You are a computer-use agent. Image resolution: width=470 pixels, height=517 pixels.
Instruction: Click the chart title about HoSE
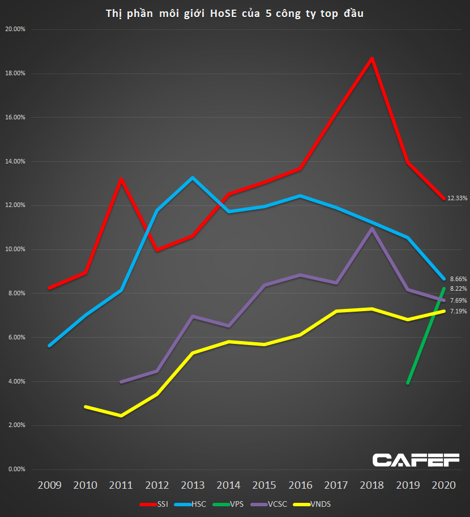pyautogui.click(x=235, y=14)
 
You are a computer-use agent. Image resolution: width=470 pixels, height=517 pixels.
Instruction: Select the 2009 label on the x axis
pyautogui.click(x=50, y=485)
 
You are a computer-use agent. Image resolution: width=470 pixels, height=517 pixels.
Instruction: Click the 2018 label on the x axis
pyautogui.click(x=372, y=485)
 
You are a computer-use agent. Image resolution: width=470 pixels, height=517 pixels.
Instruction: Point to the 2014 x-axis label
pyautogui.click(x=229, y=485)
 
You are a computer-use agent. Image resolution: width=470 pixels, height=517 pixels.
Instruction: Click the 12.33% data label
pyautogui.click(x=458, y=198)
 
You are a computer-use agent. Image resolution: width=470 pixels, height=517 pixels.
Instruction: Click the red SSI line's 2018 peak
pyautogui.click(x=371, y=58)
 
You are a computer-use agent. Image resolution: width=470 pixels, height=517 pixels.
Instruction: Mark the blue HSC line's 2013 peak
pyautogui.click(x=193, y=178)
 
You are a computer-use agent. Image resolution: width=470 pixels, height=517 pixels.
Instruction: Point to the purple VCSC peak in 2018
pyautogui.click(x=371, y=229)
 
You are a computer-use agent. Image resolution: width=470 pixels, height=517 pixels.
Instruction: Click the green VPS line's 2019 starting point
pyautogui.click(x=408, y=383)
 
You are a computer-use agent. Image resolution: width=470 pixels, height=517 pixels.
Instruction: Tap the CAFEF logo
pyautogui.click(x=416, y=460)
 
